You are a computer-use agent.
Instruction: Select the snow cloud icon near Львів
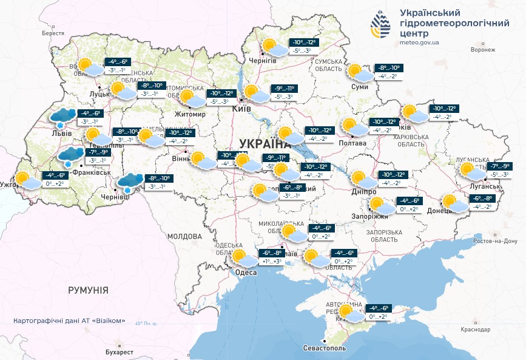click(x=63, y=117)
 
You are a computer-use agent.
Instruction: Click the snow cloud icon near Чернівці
click(x=130, y=182)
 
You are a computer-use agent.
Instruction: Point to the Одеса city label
click(x=246, y=273)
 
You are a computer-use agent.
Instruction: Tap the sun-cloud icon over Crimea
click(x=351, y=313)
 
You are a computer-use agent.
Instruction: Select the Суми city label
click(x=360, y=87)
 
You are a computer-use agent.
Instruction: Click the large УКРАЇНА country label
click(x=265, y=144)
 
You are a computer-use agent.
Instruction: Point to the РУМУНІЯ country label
click(x=88, y=290)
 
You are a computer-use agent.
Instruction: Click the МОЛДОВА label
click(x=184, y=236)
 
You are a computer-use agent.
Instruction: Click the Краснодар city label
click(x=474, y=329)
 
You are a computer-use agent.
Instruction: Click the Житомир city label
click(x=186, y=114)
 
